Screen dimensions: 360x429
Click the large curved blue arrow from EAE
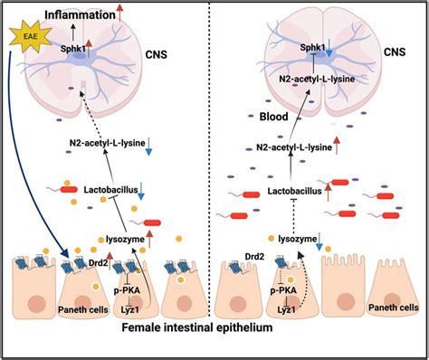[x=36, y=163]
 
